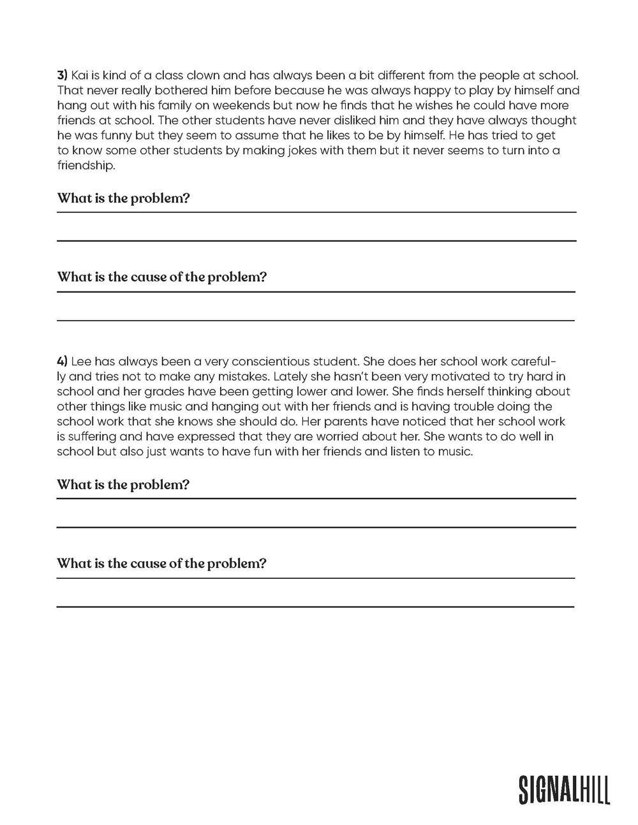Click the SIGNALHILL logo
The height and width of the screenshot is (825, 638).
(x=564, y=789)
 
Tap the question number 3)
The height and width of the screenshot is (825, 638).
(x=63, y=75)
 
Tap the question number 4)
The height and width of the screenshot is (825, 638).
(x=63, y=361)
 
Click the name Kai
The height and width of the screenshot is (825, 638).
(x=80, y=75)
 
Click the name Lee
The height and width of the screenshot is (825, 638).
(x=82, y=361)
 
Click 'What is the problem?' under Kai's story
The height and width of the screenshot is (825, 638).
(x=123, y=198)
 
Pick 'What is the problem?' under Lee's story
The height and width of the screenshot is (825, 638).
(x=123, y=485)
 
